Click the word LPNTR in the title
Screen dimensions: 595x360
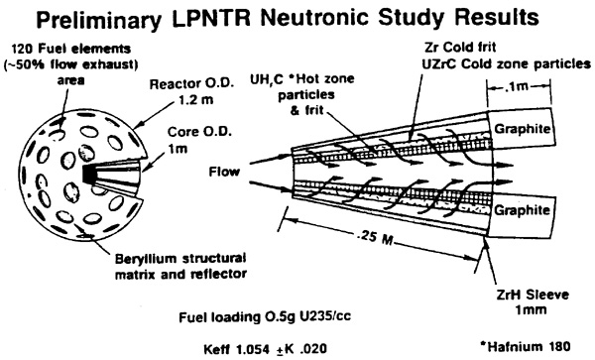[210, 18]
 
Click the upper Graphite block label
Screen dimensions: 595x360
[522, 129]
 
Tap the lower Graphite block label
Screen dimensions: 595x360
[522, 210]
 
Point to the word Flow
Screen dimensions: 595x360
[224, 172]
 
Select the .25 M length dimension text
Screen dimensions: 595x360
[375, 237]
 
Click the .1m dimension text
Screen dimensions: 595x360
[518, 86]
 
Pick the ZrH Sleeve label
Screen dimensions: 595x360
[533, 295]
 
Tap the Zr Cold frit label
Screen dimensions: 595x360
[460, 47]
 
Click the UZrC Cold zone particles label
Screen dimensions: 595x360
[507, 63]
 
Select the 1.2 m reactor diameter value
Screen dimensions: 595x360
[195, 99]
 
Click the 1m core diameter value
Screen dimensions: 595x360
[178, 149]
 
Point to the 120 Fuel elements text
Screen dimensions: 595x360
[71, 49]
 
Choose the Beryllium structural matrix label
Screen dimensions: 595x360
[181, 266]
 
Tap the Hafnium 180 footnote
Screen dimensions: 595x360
[526, 346]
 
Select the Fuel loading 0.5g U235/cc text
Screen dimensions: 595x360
[265, 316]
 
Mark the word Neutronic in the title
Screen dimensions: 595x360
[314, 18]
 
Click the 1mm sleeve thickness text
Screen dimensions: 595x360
[531, 310]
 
